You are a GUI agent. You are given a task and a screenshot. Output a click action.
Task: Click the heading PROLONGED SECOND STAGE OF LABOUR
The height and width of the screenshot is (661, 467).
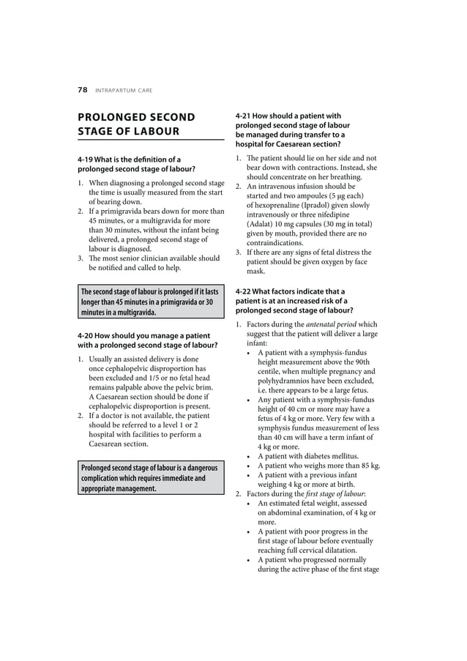(x=136, y=124)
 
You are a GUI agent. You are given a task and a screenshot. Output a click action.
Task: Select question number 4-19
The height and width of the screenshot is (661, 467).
(x=89, y=159)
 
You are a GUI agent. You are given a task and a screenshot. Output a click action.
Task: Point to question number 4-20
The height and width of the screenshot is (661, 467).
(x=89, y=335)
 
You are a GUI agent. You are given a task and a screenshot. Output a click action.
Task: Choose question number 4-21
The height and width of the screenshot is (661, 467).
(x=247, y=116)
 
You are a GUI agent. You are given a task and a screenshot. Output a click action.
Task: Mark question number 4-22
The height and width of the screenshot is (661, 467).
(x=247, y=291)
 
